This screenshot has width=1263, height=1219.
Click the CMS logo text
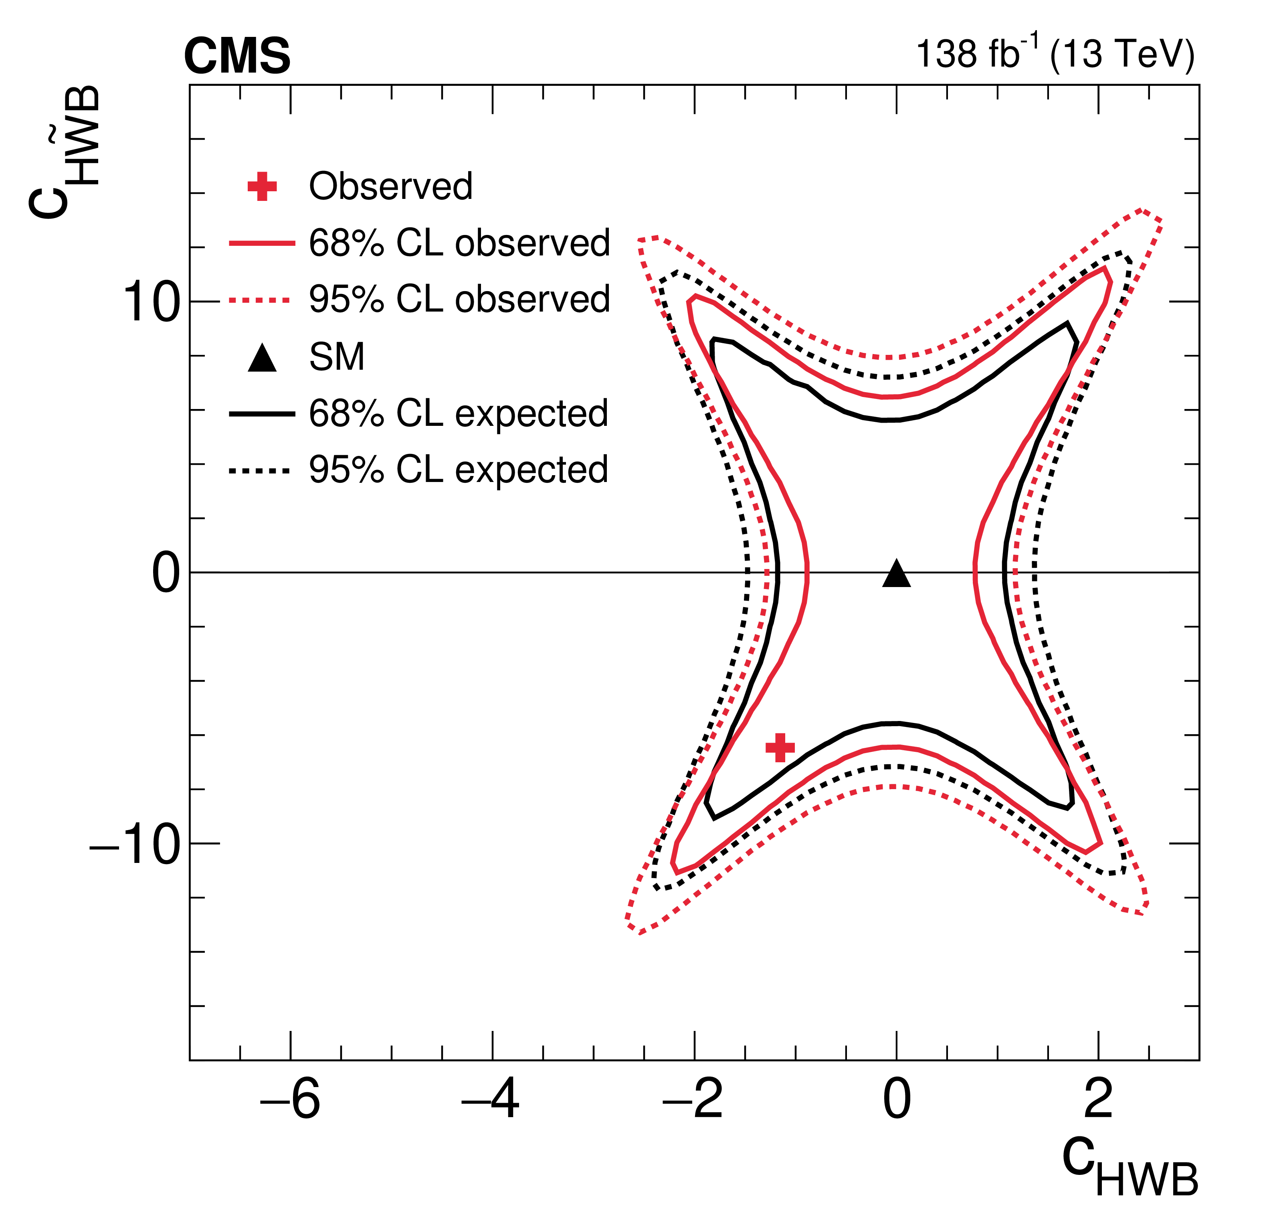click(x=237, y=56)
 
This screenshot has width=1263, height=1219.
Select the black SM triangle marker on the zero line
click(x=896, y=574)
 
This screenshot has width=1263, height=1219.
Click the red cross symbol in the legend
click(x=262, y=187)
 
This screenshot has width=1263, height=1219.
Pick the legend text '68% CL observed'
click(x=459, y=243)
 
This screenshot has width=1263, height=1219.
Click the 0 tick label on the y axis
click(x=165, y=573)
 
